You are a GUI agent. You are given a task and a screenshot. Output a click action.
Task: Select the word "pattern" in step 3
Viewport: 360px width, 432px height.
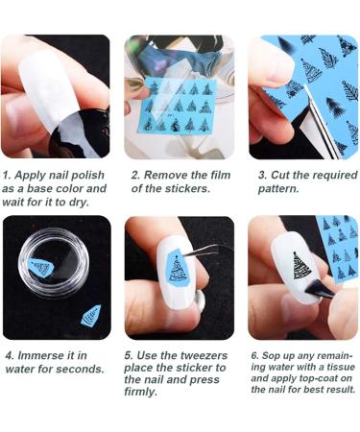tap(279, 189)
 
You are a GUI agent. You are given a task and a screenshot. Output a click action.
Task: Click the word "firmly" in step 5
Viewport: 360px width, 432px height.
tap(143, 392)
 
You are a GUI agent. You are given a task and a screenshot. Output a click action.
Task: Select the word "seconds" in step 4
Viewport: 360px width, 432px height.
tap(81, 370)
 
